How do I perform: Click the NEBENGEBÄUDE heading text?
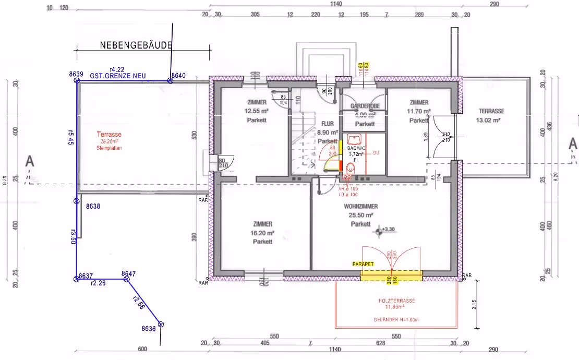coord(136,45)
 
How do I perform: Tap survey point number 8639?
coord(76,74)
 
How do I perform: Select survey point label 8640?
coord(178,76)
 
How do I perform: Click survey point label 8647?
coord(128,273)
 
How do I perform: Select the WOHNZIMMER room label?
coord(361,207)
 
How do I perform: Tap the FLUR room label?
coord(328,124)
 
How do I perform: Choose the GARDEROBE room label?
coord(365,106)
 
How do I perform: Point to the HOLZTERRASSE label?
coord(396,301)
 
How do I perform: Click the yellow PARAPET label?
coord(363,265)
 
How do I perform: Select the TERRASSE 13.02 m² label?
coord(491,111)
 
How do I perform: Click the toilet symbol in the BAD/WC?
coord(351,167)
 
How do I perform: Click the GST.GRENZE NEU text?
coord(117,76)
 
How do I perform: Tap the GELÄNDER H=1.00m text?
coord(396,319)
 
